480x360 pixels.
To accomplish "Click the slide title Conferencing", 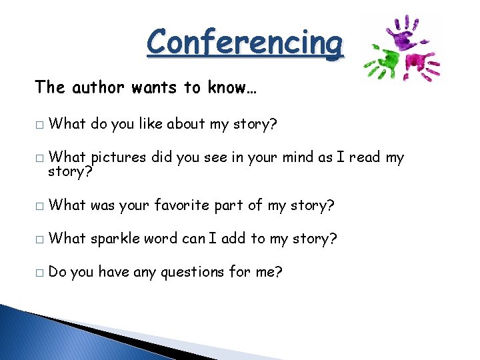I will [x=245, y=43].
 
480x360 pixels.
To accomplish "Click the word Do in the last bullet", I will [x=57, y=272].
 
